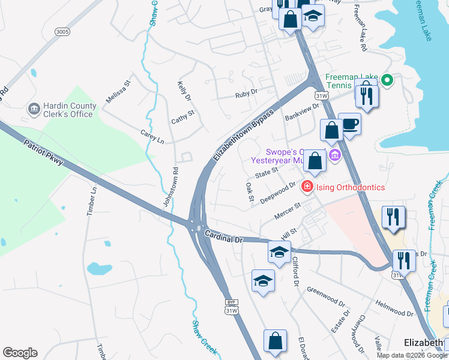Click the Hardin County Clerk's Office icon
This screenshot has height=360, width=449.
coord(34,109)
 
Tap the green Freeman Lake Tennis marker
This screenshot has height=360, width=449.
coord(387,79)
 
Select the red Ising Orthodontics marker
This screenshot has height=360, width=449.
coord(307,187)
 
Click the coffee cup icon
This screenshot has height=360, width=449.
coord(350,124)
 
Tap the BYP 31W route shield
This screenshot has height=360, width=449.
coord(232,306)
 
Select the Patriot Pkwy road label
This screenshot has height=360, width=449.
coord(43,154)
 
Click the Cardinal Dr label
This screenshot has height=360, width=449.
coord(222,236)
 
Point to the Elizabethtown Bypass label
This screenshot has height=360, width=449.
coord(243,135)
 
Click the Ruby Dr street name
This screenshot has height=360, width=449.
coord(246,94)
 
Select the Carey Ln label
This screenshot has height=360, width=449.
coord(152,136)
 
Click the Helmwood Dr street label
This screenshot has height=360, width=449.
coord(393,308)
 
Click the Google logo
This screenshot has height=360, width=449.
coord(20,353)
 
